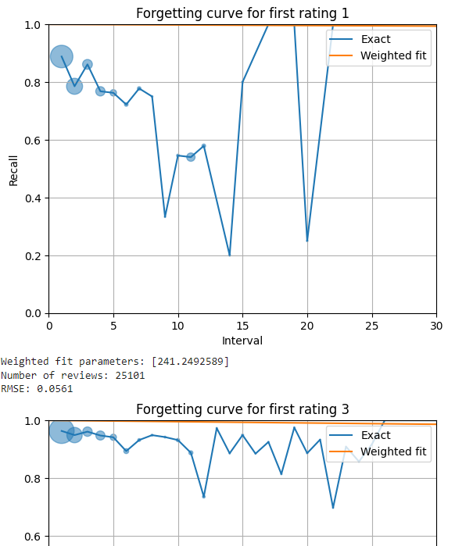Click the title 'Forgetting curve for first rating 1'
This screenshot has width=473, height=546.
tap(242, 13)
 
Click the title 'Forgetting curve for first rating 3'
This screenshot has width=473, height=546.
tap(242, 409)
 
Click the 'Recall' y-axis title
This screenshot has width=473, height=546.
tap(13, 169)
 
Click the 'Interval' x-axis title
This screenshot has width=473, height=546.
tap(242, 341)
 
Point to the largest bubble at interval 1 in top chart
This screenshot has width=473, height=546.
tap(62, 56)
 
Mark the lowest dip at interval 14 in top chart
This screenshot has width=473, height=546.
tap(229, 255)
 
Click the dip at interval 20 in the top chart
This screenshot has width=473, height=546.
tap(307, 241)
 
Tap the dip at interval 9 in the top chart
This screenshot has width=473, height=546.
tap(165, 216)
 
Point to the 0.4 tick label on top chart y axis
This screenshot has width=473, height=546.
tap(33, 198)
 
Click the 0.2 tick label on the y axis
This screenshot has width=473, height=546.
tap(33, 256)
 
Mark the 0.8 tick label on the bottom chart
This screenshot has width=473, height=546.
tap(33, 479)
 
